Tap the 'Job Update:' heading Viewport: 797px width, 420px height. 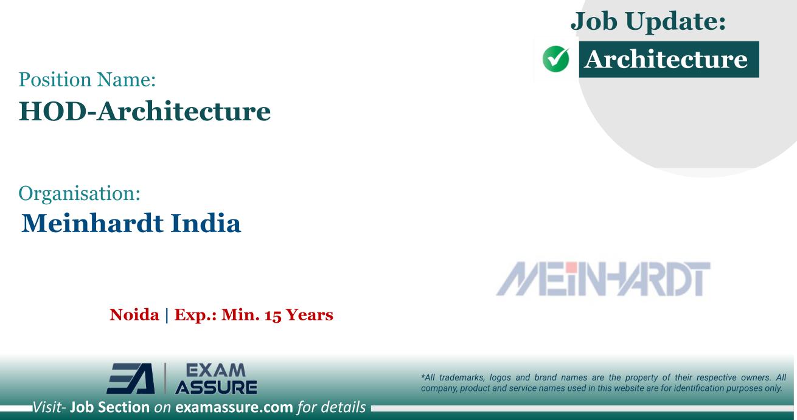[649, 22]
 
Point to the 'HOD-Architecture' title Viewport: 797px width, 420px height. [145, 111]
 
